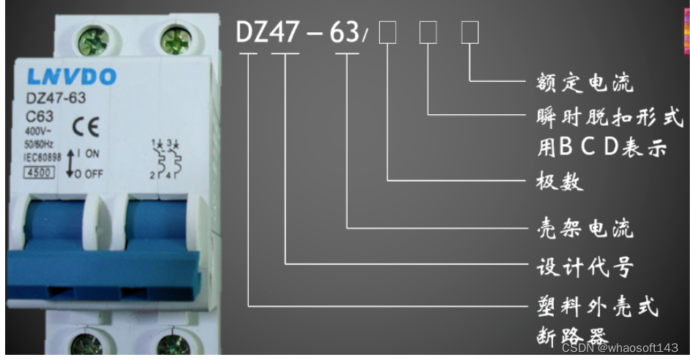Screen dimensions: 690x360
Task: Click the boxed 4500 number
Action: point(37,173)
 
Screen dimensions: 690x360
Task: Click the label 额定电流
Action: point(585,81)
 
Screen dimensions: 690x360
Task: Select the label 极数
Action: point(560,181)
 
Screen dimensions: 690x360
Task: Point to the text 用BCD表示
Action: point(602,147)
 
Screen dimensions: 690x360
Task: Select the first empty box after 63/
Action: point(388,33)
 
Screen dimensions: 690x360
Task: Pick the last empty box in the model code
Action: point(469,33)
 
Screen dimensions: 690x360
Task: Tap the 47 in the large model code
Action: point(286,32)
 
